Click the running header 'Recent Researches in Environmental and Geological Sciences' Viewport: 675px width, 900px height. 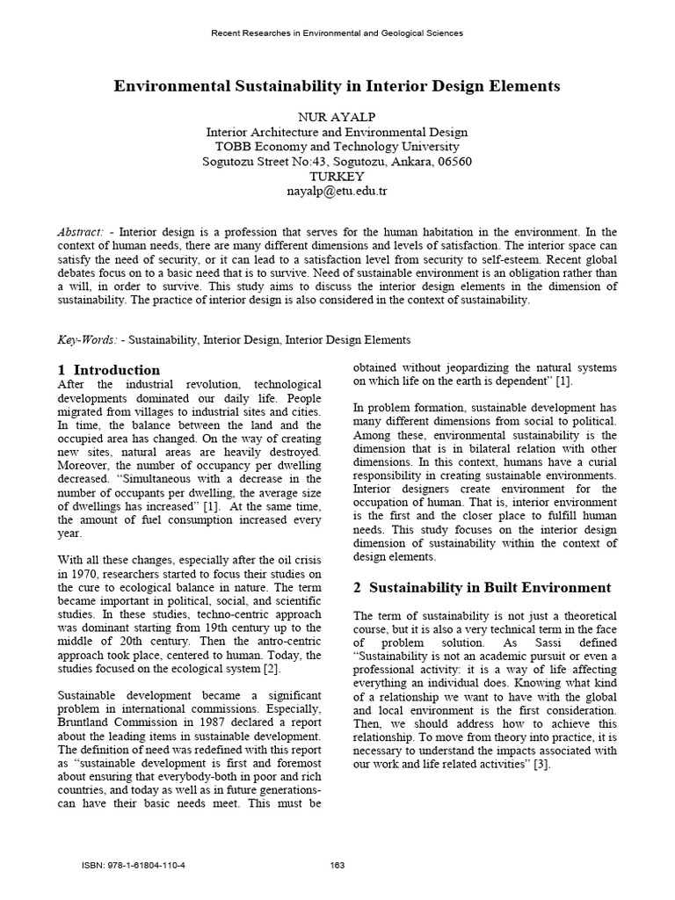pyautogui.click(x=337, y=33)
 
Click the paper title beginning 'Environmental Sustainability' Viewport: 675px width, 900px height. pyautogui.click(x=337, y=86)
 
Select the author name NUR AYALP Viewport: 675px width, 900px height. pyautogui.click(x=337, y=116)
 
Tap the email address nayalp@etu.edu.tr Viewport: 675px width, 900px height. pyautogui.click(x=337, y=191)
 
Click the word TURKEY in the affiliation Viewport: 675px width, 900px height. pyautogui.click(x=337, y=176)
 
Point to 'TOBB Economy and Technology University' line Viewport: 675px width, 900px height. pyautogui.click(x=337, y=146)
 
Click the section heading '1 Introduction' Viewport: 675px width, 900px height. pyautogui.click(x=109, y=370)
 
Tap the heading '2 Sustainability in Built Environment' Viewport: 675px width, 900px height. pyautogui.click(x=482, y=586)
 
